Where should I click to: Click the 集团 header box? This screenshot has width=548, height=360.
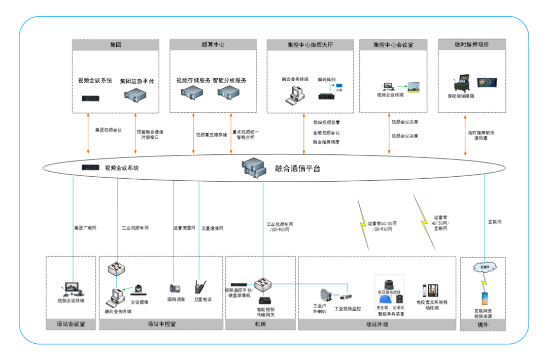(115, 45)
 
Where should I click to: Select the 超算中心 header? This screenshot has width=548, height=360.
(213, 45)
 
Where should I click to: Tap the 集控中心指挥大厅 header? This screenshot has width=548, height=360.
(310, 45)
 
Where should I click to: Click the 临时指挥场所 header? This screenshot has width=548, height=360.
(471, 45)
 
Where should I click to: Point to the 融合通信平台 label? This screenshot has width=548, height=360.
(297, 168)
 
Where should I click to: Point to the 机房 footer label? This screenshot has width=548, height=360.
(260, 323)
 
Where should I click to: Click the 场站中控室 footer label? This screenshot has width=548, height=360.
(161, 323)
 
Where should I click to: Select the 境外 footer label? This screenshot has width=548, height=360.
(483, 323)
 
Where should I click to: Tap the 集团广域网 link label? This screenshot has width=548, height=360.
(85, 228)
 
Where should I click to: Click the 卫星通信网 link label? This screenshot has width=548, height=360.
(212, 228)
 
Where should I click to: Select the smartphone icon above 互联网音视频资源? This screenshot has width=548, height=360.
(484, 298)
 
